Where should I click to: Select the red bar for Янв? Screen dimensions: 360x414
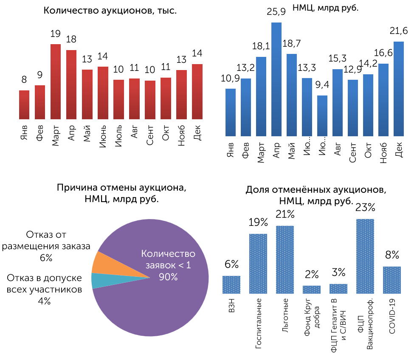pyautogui.click(x=24, y=104)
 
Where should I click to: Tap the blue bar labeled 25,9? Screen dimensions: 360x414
pyautogui.click(x=276, y=79)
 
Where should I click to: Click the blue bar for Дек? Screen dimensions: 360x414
pyautogui.click(x=399, y=89)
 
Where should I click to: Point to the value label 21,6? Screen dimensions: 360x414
pyautogui.click(x=399, y=31)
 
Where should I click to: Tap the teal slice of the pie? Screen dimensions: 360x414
pyautogui.click(x=99, y=281)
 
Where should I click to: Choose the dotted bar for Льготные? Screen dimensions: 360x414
pyautogui.click(x=285, y=259)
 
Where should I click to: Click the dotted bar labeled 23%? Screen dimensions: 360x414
pyautogui.click(x=365, y=256)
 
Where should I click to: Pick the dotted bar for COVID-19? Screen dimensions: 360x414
pyautogui.click(x=392, y=280)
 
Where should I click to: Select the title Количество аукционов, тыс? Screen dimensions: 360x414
pyautogui.click(x=110, y=11)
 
